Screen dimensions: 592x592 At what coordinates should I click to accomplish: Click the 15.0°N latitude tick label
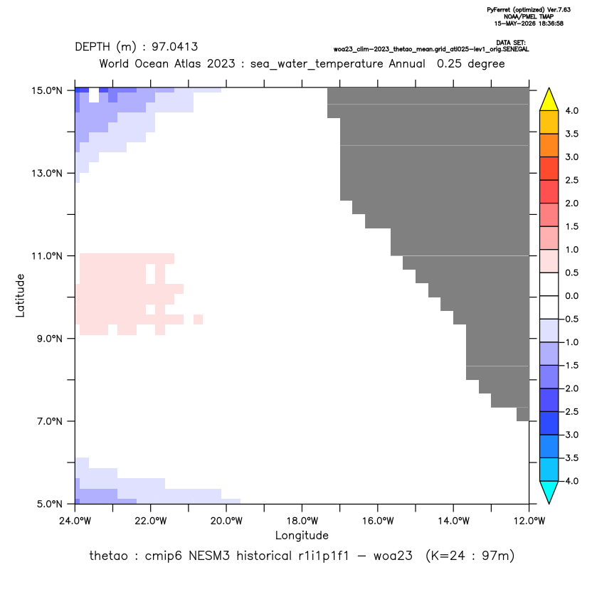47,90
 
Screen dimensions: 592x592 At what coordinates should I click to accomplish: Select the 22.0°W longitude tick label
151,521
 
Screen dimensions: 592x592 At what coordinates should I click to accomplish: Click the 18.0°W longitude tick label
302,521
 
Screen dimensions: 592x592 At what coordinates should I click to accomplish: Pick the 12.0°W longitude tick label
529,521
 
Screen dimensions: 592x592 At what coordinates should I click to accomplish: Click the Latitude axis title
20,295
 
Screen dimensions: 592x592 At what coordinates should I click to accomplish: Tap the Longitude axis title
302,535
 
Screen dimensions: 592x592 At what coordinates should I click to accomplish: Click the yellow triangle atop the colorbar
549,100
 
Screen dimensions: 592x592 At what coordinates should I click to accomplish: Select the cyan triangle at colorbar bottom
549,492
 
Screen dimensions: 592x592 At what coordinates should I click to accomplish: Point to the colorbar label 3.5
571,134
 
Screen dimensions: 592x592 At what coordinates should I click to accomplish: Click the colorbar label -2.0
570,388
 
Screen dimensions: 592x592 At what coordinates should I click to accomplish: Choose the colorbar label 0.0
571,296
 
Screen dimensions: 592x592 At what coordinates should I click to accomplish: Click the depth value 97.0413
175,47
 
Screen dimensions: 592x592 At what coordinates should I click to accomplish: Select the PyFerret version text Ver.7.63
559,10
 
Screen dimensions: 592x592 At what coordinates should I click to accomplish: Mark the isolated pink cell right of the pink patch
199,319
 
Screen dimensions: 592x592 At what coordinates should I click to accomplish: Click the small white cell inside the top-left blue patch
94,95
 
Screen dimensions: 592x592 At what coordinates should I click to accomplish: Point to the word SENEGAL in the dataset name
517,50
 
